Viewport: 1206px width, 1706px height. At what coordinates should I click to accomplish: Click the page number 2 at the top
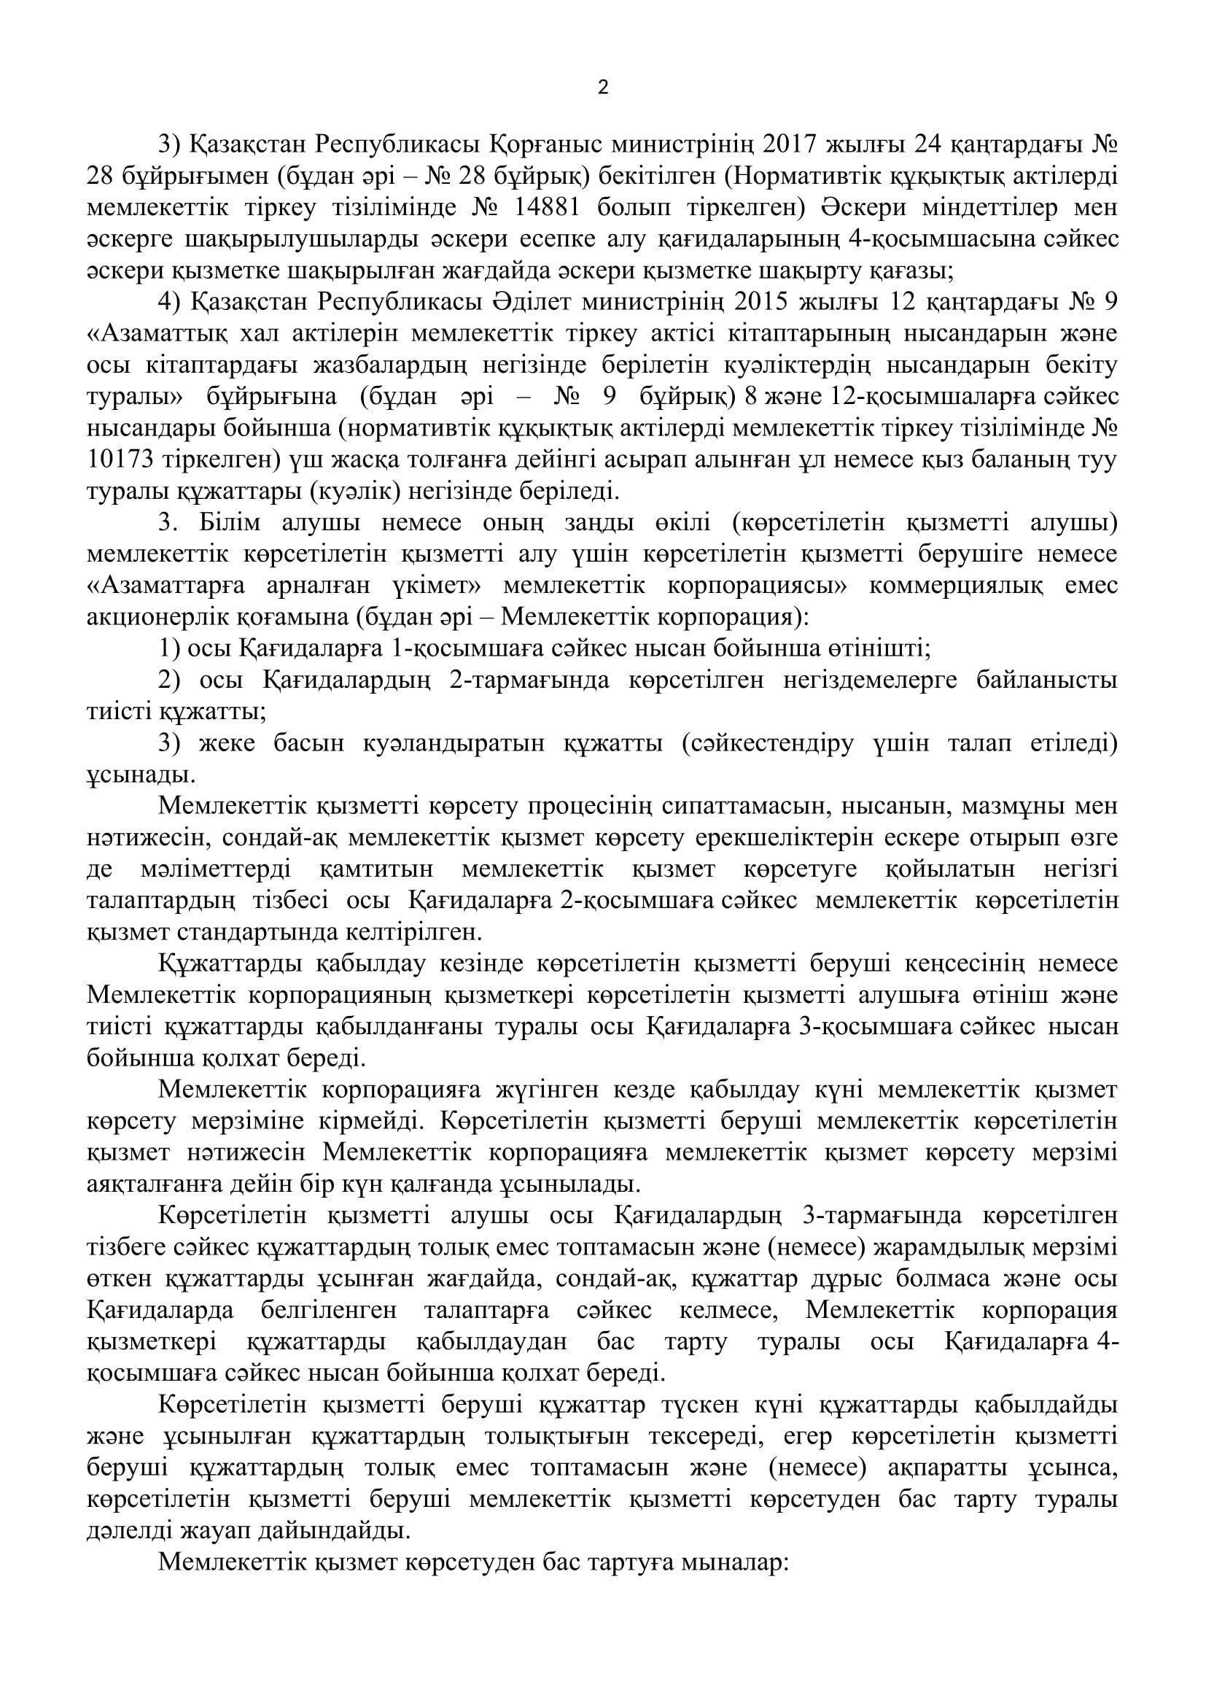click(x=602, y=88)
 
